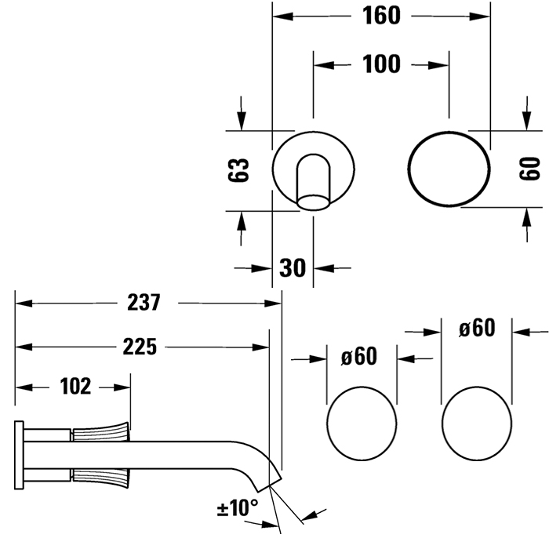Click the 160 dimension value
point(382,16)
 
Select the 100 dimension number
point(382,64)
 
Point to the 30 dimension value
point(292,267)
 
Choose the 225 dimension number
point(140,345)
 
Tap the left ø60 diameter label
point(358,357)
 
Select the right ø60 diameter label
point(477,327)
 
